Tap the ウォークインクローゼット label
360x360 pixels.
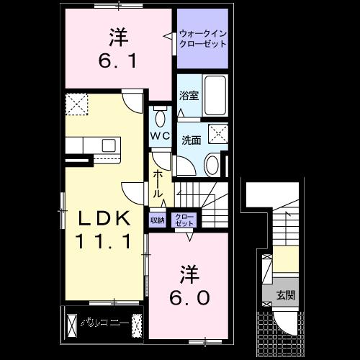click(202, 38)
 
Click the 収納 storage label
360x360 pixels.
click(158, 220)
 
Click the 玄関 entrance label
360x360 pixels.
click(287, 295)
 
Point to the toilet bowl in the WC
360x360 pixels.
click(160, 117)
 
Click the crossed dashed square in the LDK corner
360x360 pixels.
click(75, 104)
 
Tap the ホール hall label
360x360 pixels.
click(157, 184)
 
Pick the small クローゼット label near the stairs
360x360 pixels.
click(185, 220)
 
